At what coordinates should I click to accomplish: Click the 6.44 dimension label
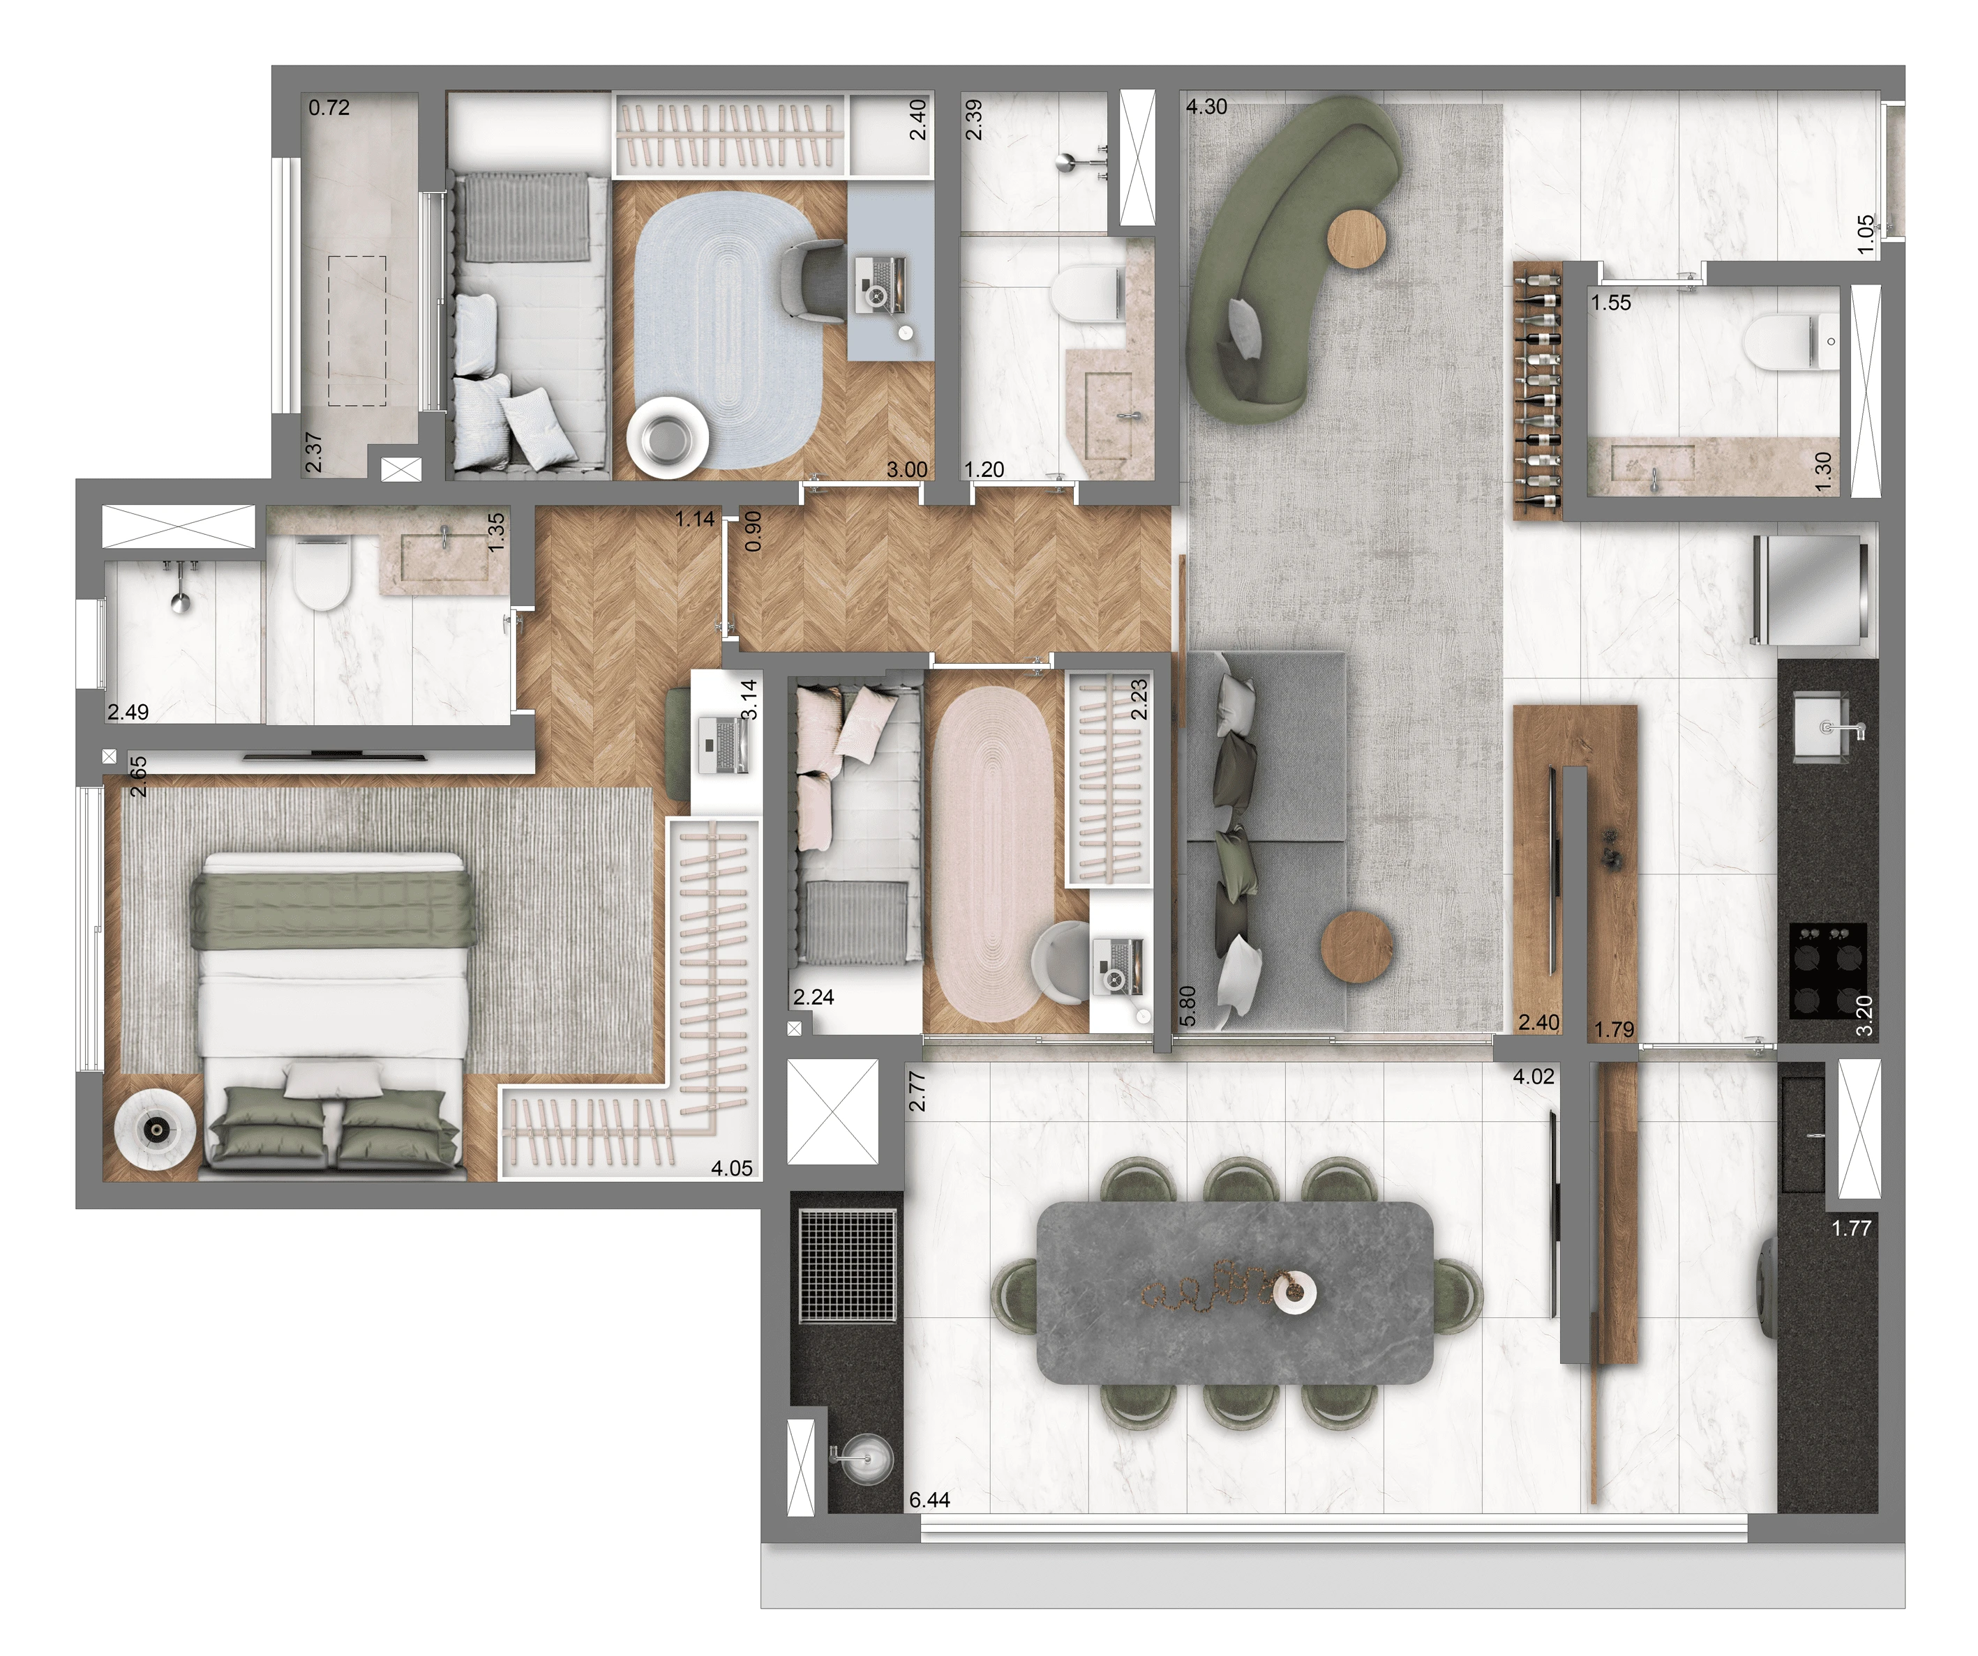tap(929, 1500)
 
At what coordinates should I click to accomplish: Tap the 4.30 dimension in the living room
tap(1206, 107)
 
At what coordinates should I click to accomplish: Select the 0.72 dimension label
tap(329, 107)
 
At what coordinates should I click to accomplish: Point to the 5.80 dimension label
tap(1187, 1006)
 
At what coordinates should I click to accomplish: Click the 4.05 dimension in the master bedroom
tap(732, 1169)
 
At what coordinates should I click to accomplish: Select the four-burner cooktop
tap(1827, 970)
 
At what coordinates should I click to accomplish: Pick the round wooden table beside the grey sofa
tap(1356, 946)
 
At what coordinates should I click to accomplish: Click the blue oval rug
tap(726, 330)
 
